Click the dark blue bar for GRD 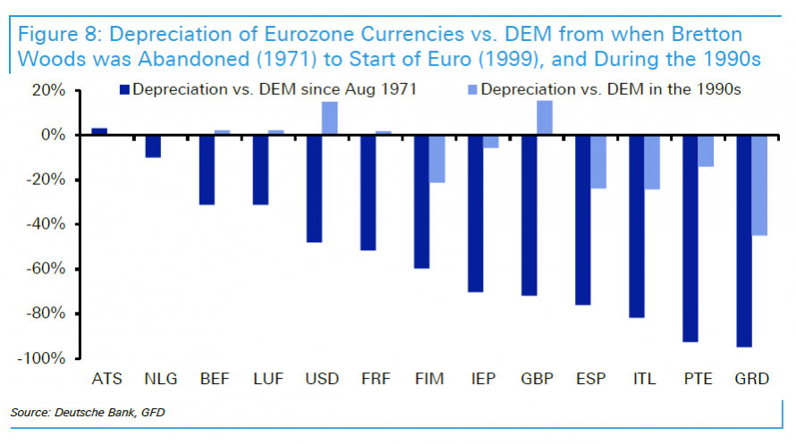[x=743, y=240]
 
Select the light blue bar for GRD [x=759, y=185]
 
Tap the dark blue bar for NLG [x=153, y=146]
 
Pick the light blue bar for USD [x=330, y=118]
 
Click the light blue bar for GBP [x=544, y=117]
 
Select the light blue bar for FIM [x=436, y=158]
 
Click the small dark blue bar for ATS [x=99, y=131]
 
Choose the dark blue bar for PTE [x=690, y=238]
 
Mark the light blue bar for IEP [x=490, y=141]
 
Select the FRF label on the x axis [x=376, y=379]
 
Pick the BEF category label [x=215, y=379]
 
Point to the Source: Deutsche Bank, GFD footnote [x=89, y=412]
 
